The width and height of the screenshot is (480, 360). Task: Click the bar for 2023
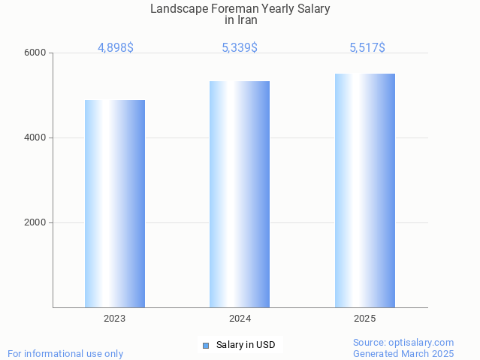(x=115, y=204)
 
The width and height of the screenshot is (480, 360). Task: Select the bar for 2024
(x=240, y=194)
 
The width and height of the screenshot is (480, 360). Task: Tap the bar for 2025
(x=364, y=190)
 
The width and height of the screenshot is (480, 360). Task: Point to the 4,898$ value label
(x=116, y=48)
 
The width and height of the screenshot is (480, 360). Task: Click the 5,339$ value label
(x=240, y=48)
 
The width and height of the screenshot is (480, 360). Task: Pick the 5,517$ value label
(x=367, y=48)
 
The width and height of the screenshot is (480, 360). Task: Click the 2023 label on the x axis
(x=115, y=319)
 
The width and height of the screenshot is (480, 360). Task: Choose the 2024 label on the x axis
(x=240, y=319)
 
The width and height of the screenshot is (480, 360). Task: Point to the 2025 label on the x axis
(x=364, y=319)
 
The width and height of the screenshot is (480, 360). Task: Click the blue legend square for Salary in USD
(x=206, y=346)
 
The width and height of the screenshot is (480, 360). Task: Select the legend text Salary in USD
(x=246, y=346)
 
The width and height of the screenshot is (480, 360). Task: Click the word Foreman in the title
(x=231, y=9)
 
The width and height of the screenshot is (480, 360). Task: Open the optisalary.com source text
(x=403, y=343)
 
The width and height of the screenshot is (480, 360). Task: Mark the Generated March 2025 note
(x=403, y=353)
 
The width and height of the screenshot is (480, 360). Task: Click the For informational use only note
(x=65, y=353)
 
